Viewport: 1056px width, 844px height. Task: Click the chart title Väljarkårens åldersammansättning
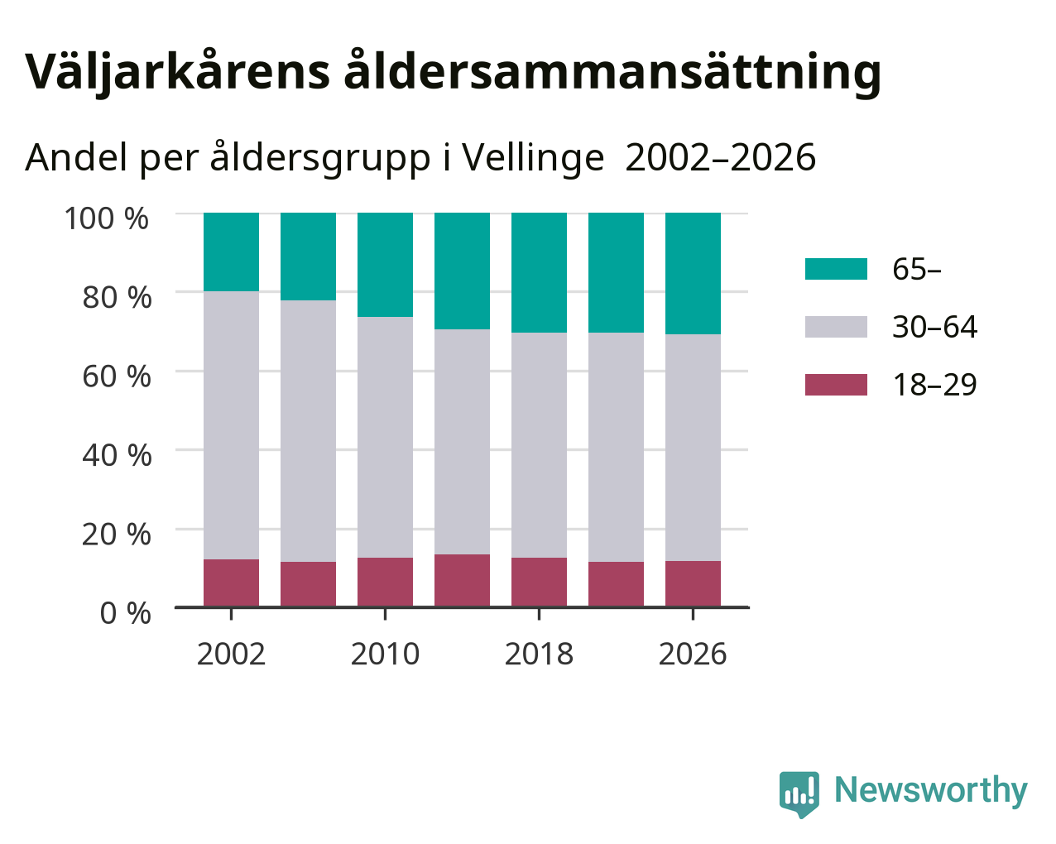point(453,74)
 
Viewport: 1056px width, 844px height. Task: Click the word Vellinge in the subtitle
point(533,158)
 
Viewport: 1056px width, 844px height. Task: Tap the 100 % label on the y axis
point(106,218)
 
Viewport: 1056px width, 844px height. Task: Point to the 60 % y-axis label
point(117,376)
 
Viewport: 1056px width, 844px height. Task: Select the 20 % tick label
point(117,535)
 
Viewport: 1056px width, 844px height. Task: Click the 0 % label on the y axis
point(125,613)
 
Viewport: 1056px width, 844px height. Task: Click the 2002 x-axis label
point(231,654)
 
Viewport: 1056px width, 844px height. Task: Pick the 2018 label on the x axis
point(539,654)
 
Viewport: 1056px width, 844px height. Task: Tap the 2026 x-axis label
point(693,654)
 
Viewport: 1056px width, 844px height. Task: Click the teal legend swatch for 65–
point(836,269)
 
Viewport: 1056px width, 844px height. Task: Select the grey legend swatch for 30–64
point(836,327)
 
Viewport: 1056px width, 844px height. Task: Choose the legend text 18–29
point(935,385)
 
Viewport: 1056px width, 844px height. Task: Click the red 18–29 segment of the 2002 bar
point(231,583)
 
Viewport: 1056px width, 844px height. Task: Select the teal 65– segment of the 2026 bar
point(693,274)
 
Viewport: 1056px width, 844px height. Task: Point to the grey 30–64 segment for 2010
point(385,437)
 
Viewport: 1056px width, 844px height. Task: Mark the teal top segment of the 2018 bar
point(539,273)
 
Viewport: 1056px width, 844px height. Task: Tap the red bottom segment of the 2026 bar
point(693,584)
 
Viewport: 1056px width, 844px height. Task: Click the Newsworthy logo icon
point(799,793)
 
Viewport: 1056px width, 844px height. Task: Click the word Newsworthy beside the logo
point(931,790)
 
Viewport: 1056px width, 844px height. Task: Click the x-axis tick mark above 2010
point(385,614)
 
